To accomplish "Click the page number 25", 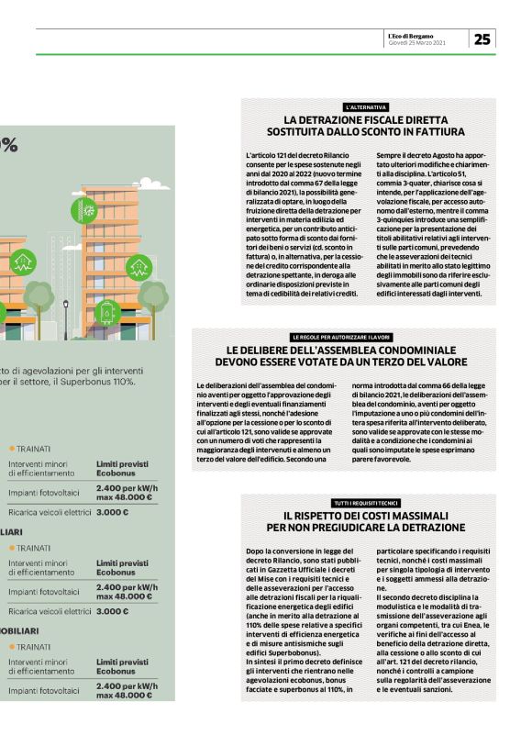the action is point(482,39).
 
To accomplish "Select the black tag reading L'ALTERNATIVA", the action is point(366,107).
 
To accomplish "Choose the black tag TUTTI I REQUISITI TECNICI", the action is point(366,503).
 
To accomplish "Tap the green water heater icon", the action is point(107,309).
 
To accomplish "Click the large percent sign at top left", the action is point(8,144).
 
